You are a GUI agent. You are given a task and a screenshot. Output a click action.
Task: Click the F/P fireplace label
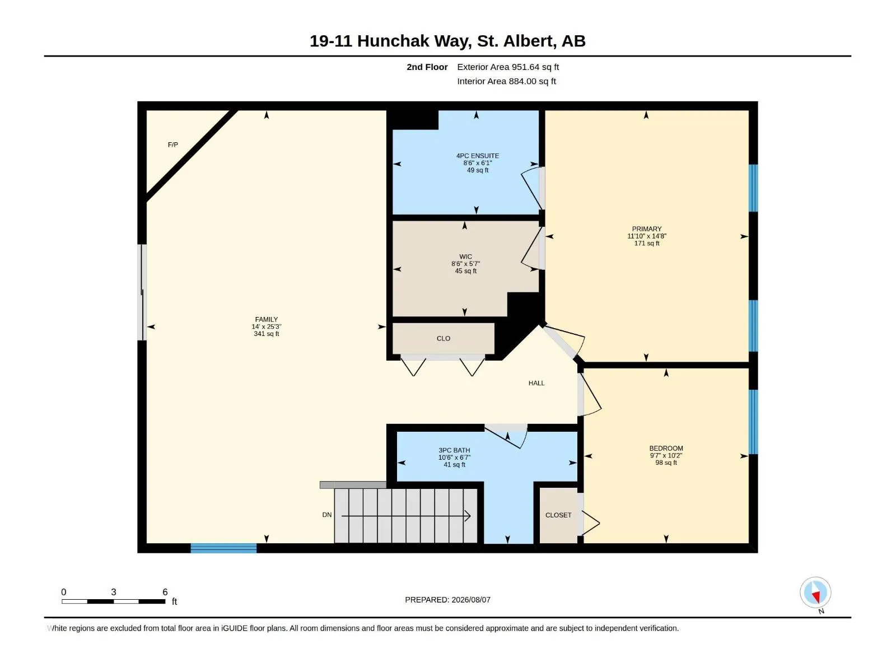[x=172, y=145]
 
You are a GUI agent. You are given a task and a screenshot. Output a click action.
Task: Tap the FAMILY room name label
[x=266, y=319]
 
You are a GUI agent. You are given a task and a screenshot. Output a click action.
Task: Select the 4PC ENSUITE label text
[x=477, y=156]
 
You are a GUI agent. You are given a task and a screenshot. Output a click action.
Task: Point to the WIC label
[x=465, y=256]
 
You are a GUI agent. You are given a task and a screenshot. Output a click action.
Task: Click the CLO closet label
[x=444, y=339]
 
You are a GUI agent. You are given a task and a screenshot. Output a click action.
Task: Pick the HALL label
[x=536, y=383]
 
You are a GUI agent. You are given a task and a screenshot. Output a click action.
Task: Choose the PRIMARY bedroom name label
[x=647, y=229]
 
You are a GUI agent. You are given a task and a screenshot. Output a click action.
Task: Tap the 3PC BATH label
[x=454, y=450]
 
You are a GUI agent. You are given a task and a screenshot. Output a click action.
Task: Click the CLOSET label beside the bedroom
[x=558, y=515]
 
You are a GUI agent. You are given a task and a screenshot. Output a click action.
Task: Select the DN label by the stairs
[x=326, y=515]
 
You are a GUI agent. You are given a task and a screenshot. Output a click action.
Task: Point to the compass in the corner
[x=815, y=592]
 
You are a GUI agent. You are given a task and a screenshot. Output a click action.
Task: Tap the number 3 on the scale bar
[x=114, y=592]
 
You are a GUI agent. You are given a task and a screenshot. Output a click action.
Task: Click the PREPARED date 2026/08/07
[x=470, y=600]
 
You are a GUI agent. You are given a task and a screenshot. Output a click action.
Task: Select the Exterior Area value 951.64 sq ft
[x=535, y=67]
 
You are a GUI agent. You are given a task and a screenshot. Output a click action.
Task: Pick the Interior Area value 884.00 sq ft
[x=533, y=81]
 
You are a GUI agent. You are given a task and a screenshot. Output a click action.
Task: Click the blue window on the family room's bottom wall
[x=223, y=548]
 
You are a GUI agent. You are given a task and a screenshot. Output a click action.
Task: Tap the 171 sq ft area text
[x=647, y=244]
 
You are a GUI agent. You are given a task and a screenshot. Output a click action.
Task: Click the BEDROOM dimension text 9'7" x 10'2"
[x=666, y=456]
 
